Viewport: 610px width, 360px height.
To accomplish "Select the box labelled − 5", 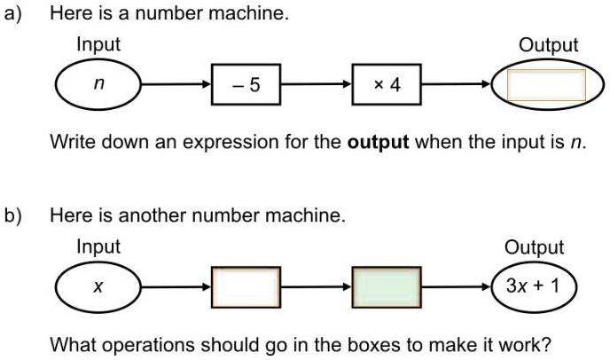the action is (x=246, y=84).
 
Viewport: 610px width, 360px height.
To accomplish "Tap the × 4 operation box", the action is (x=387, y=84).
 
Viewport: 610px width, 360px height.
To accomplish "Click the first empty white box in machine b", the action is (x=246, y=287).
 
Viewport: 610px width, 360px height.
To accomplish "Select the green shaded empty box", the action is (x=387, y=287).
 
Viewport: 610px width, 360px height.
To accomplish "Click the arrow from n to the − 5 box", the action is (x=176, y=84).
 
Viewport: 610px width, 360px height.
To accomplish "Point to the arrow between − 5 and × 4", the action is (x=317, y=84).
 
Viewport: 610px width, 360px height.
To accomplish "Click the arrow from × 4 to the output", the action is (x=457, y=84).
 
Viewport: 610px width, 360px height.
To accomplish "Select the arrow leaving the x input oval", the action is (x=176, y=287).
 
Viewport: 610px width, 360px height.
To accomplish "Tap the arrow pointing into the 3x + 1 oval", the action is (x=457, y=287).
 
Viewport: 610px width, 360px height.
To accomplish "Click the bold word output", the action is (x=378, y=143).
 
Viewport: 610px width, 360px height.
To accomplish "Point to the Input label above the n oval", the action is (x=98, y=44).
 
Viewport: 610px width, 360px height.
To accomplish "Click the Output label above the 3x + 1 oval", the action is (x=534, y=247).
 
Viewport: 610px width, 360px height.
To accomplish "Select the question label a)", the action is (x=12, y=13).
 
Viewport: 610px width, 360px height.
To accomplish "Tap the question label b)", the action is (x=12, y=216).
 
